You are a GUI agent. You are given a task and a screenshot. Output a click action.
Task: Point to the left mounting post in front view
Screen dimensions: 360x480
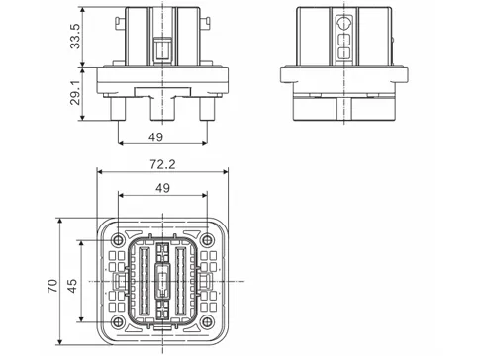[118, 106]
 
